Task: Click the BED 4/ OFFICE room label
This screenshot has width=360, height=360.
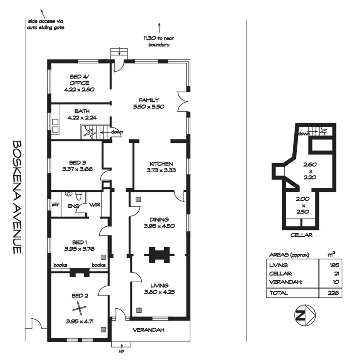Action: point(80,83)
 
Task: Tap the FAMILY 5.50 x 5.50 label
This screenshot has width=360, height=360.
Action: point(149,103)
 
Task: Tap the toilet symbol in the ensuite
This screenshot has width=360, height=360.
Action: point(69,194)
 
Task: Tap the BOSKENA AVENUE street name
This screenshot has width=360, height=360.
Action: point(17,197)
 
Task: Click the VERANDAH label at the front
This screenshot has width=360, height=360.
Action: point(149,330)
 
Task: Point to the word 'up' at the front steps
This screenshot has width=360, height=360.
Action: point(122,351)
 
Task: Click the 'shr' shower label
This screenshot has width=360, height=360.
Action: point(56,205)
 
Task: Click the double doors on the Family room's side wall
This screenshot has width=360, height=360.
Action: point(182,102)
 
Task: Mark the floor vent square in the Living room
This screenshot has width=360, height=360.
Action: point(139,310)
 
